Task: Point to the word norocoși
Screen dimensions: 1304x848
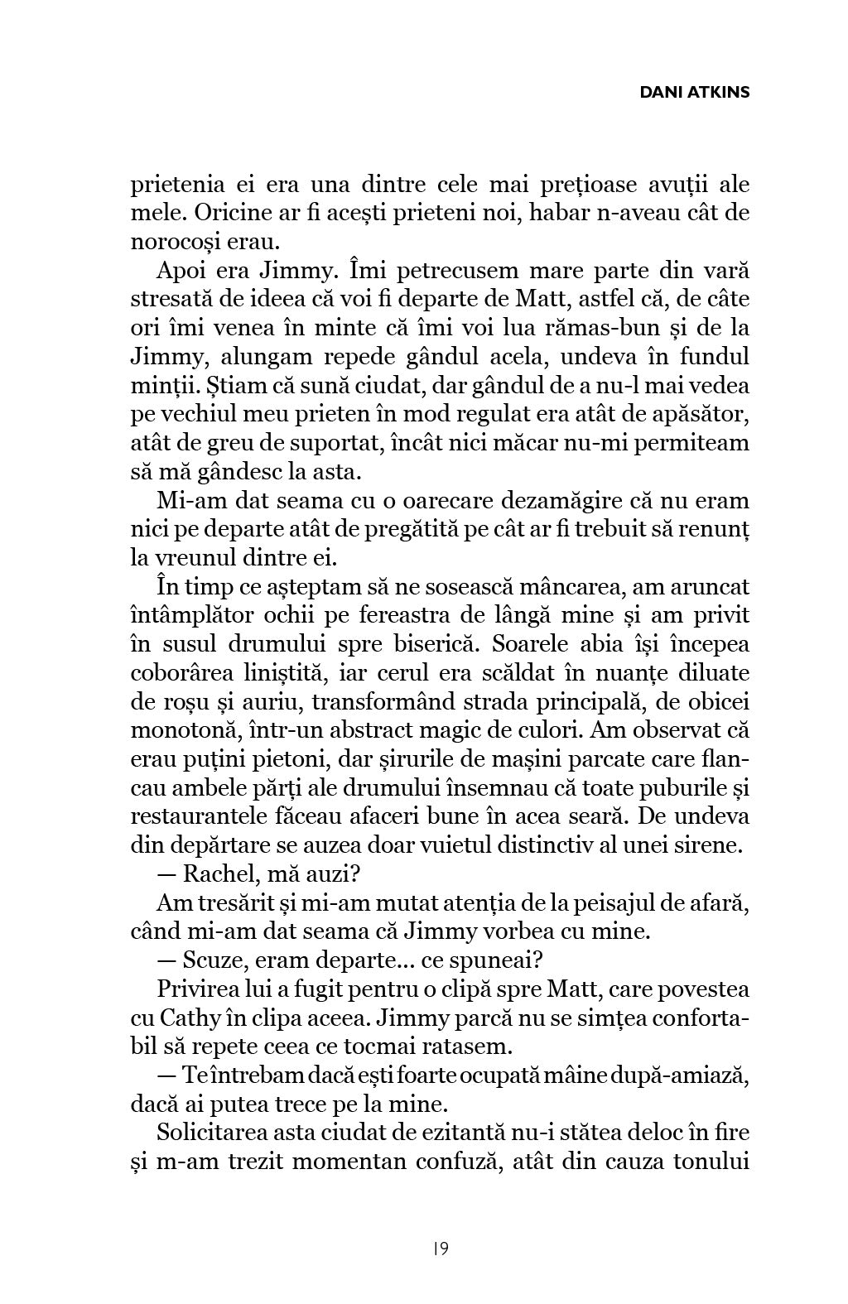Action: [179, 243]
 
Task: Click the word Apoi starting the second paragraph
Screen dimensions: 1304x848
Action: [182, 271]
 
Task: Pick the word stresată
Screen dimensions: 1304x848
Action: [171, 300]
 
